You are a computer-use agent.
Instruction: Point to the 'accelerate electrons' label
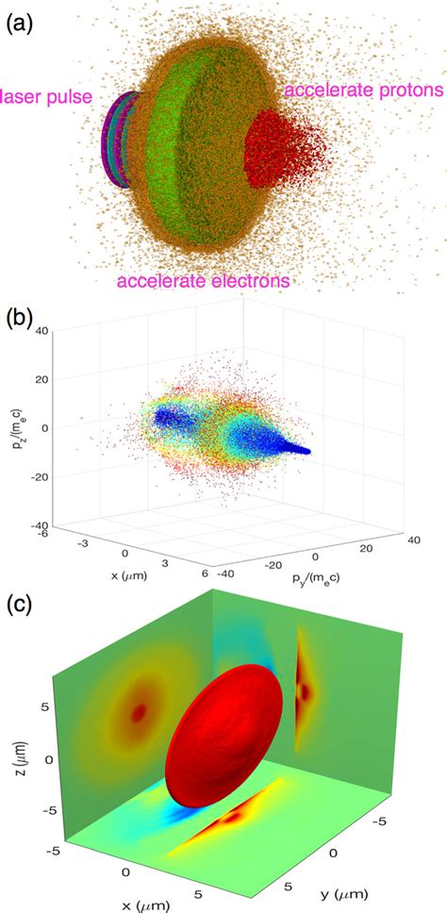(x=203, y=280)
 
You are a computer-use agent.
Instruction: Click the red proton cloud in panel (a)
(x=289, y=150)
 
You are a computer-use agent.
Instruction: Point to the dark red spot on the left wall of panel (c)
(x=139, y=714)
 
